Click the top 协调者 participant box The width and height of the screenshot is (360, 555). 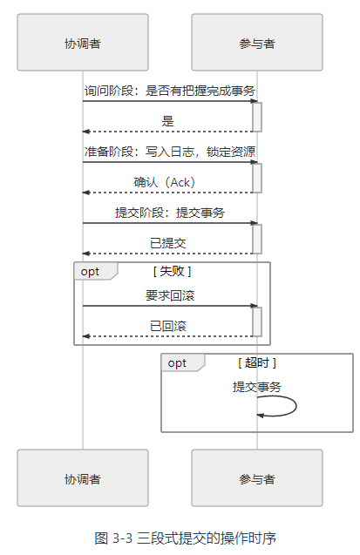pos(83,42)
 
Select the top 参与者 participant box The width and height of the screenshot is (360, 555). pos(257,42)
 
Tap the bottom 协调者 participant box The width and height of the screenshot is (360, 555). pos(83,477)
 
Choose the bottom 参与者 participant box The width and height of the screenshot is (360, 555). pos(257,477)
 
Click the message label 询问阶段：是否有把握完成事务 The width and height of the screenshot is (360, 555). pos(170,91)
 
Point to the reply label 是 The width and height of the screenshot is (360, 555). pos(167,121)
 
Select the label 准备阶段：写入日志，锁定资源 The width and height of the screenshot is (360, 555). pos(170,152)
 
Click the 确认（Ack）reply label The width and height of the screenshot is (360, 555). pos(164,182)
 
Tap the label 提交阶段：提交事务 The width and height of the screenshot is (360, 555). pos(170,213)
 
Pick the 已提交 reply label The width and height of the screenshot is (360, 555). pos(167,243)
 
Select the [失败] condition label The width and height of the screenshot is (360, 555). pos(172,272)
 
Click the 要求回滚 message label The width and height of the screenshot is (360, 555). pos(170,295)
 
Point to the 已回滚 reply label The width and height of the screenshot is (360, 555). pos(167,326)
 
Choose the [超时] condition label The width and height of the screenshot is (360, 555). pos(257,362)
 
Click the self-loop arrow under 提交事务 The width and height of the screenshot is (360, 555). pos(295,406)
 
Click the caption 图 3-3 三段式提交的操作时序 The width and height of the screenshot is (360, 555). pos(185,538)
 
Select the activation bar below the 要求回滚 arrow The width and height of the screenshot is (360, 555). pos(257,321)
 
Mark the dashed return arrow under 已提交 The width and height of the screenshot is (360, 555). pos(167,254)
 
